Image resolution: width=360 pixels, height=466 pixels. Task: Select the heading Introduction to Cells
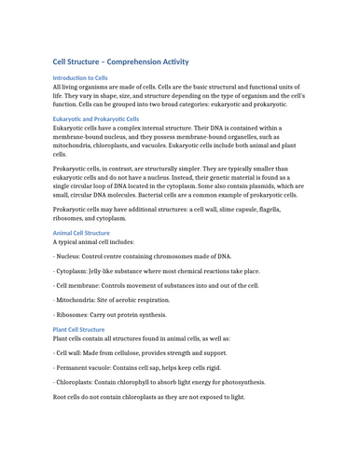click(80, 78)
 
